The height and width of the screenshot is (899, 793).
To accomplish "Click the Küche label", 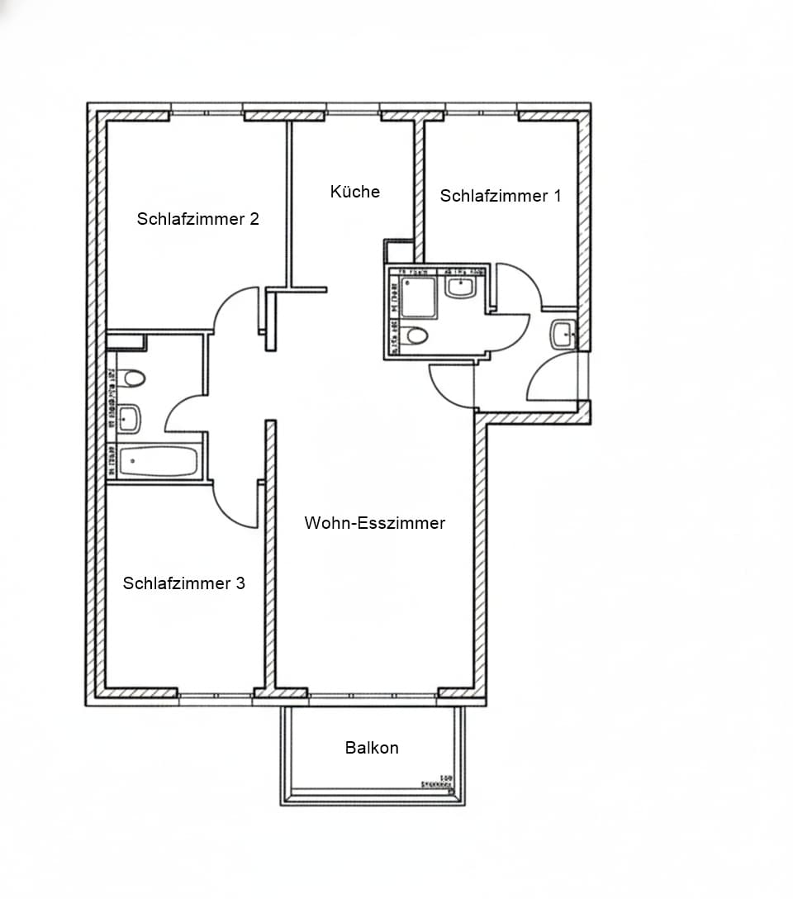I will (355, 192).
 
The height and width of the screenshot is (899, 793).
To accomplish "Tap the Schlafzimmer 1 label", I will (500, 196).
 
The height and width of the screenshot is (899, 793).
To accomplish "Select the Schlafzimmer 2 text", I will (198, 219).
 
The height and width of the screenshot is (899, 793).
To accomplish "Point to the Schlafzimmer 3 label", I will (183, 583).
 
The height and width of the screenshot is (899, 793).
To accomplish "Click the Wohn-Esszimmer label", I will (374, 523).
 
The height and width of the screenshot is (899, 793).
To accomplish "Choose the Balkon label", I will (372, 748).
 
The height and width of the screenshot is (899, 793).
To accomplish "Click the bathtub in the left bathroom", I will (159, 461).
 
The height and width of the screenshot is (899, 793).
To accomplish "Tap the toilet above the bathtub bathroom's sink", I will (130, 378).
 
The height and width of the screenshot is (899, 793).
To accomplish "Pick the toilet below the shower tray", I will (417, 335).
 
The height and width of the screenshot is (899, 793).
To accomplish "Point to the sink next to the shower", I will (459, 288).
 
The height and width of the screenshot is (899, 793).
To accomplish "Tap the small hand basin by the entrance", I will (563, 334).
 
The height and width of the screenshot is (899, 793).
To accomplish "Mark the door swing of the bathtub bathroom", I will (186, 413).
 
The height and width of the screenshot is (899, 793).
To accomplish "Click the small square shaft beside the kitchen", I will (399, 251).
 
